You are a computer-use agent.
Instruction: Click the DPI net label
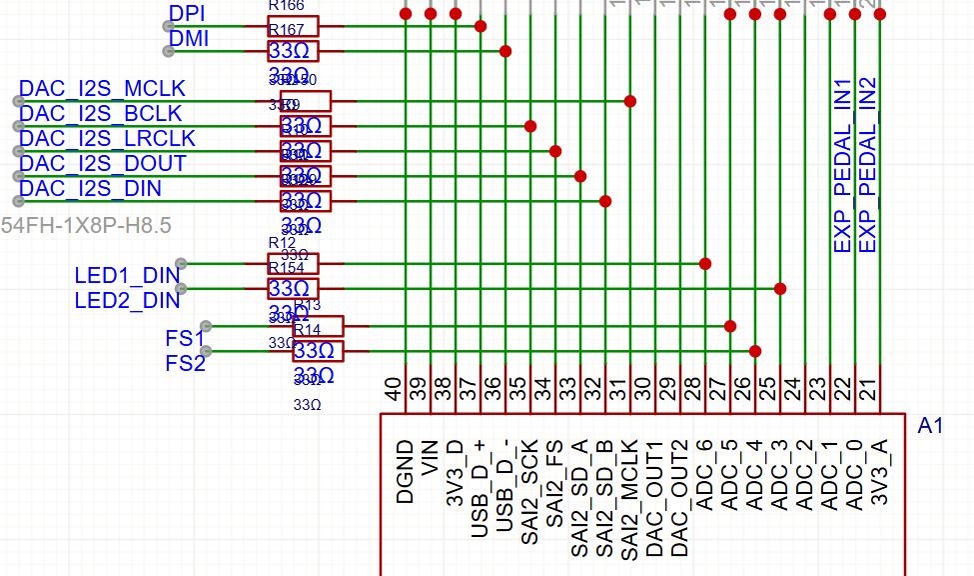pos(187,14)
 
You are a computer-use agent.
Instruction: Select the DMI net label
pos(189,39)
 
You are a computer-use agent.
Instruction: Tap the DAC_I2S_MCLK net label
pos(103,89)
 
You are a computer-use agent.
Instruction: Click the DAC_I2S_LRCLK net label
pos(108,138)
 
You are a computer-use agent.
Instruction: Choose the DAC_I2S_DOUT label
pos(103,163)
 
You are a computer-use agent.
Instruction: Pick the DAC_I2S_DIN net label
pos(91,188)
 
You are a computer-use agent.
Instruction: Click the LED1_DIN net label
pos(127,275)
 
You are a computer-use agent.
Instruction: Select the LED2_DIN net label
pos(127,300)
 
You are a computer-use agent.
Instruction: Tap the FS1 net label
pos(185,338)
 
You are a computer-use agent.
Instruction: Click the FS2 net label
pos(185,363)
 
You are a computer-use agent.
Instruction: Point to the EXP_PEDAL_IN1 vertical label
pos(842,165)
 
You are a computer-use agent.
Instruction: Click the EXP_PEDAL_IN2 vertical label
pos(867,165)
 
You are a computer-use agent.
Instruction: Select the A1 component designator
pos(930,427)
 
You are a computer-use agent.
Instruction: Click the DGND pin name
pos(405,470)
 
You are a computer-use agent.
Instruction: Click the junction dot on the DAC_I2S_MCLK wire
pos(630,101)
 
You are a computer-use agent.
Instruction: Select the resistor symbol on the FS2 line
pos(318,351)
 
